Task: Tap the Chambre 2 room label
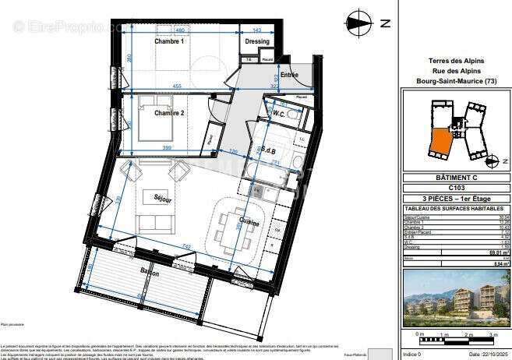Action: [x=169, y=113]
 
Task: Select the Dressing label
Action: [x=256, y=41]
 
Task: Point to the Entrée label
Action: [x=289, y=76]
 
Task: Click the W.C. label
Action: [x=278, y=114]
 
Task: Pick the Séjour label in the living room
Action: [x=161, y=198]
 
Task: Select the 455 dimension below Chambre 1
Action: [x=178, y=86]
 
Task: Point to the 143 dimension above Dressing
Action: [x=256, y=30]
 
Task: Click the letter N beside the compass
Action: [x=383, y=23]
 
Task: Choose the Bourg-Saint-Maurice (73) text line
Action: [x=456, y=81]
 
